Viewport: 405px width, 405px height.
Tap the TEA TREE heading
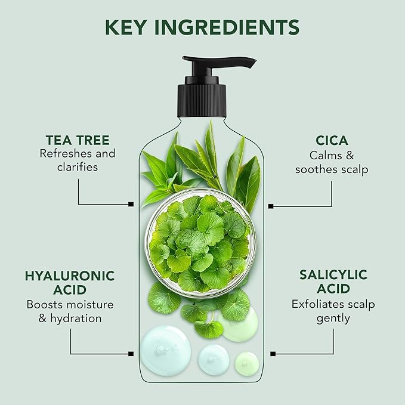[78, 141]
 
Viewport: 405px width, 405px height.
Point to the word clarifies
[78, 168]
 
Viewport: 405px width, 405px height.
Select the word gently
[333, 319]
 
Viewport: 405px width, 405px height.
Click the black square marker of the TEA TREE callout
[131, 204]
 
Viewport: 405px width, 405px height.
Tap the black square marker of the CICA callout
[271, 206]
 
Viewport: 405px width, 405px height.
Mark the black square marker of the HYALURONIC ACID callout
[131, 353]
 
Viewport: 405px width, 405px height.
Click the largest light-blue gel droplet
[165, 350]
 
